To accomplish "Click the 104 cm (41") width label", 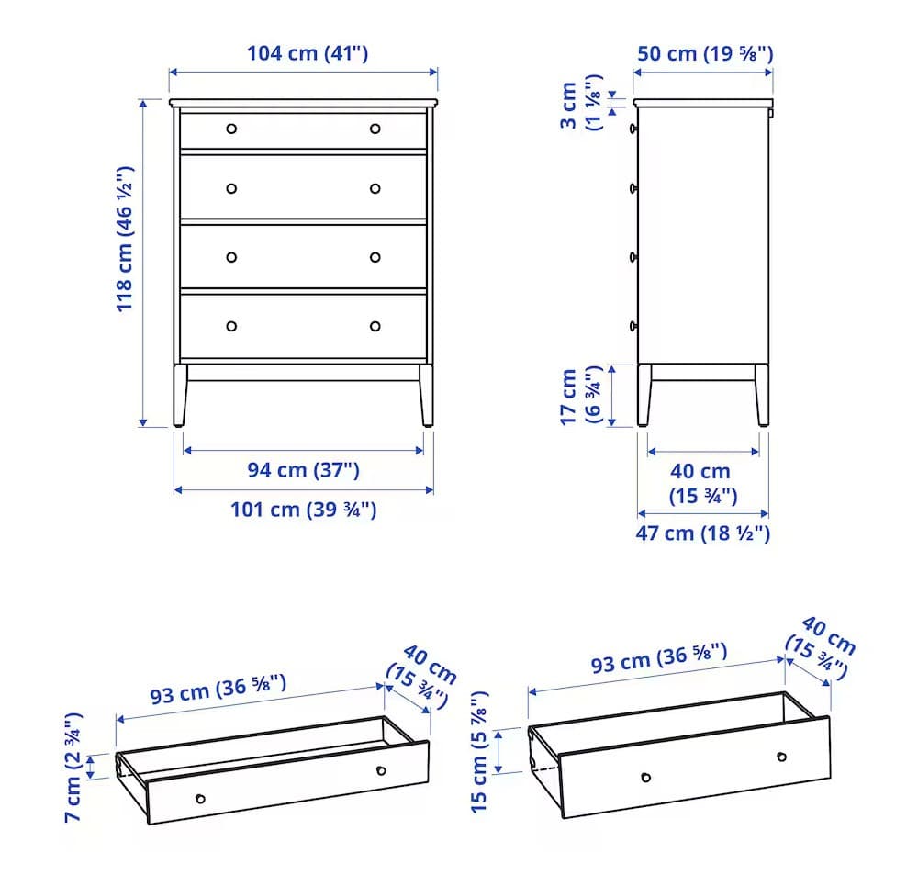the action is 308,53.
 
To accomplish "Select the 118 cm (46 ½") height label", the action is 125,239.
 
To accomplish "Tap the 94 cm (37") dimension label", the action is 303,470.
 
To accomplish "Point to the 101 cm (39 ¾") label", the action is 303,509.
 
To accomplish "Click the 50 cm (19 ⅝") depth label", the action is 705,53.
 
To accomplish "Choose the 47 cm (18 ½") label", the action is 702,533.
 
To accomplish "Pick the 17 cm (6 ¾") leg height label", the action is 580,396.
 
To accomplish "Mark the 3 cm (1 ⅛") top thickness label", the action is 580,103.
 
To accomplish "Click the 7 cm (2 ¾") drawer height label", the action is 73,768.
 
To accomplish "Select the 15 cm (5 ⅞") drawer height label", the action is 479,752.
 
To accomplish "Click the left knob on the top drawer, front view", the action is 231,129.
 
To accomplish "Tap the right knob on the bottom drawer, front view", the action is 375,326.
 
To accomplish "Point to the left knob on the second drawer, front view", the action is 231,188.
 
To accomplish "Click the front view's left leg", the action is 180,396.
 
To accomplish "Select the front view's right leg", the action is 426,396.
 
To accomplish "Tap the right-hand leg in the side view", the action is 762,396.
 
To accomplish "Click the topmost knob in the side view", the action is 633,129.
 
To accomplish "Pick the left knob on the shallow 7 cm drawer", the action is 200,799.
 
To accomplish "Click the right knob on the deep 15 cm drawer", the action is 781,757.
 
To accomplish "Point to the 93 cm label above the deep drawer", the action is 658,658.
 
